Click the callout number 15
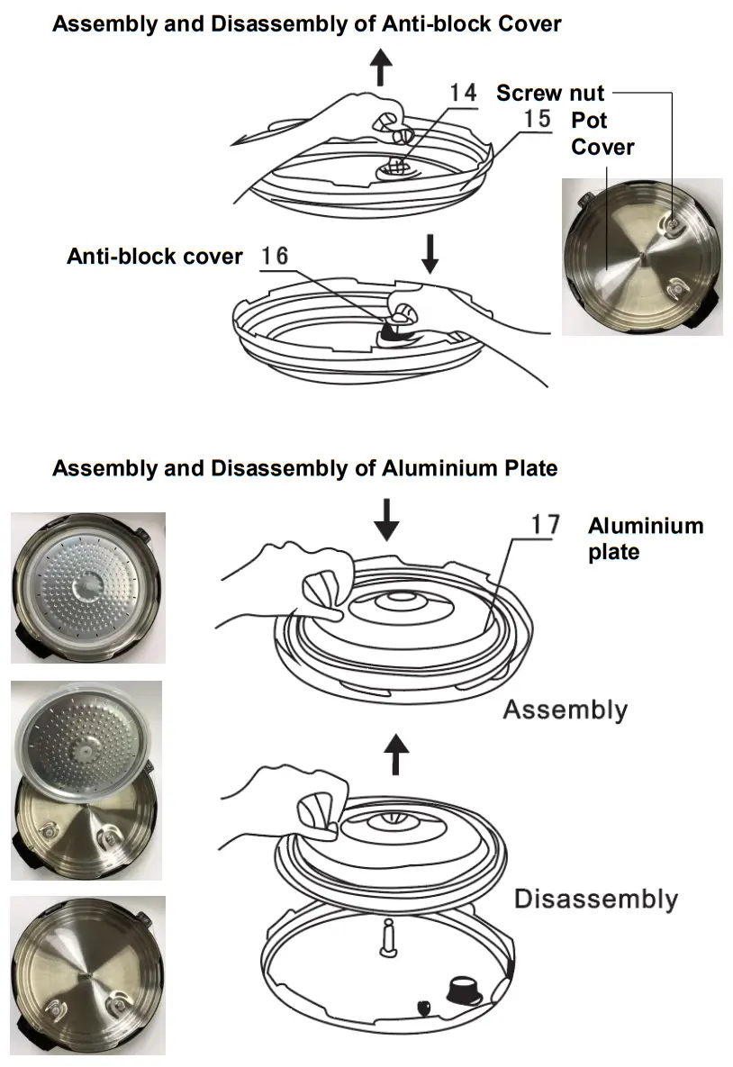(x=538, y=119)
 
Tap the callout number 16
(x=275, y=257)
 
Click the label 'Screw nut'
(x=550, y=93)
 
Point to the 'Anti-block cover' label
(x=155, y=257)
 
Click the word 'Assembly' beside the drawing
(x=565, y=710)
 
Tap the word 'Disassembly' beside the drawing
(x=595, y=899)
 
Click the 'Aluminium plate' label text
(x=645, y=538)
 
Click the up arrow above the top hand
(x=382, y=68)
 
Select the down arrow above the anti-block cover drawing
(x=430, y=255)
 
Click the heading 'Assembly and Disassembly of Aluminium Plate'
(x=304, y=468)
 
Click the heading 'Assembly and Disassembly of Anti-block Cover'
(x=306, y=23)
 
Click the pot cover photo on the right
(x=641, y=257)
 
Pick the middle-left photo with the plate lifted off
(x=86, y=779)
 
